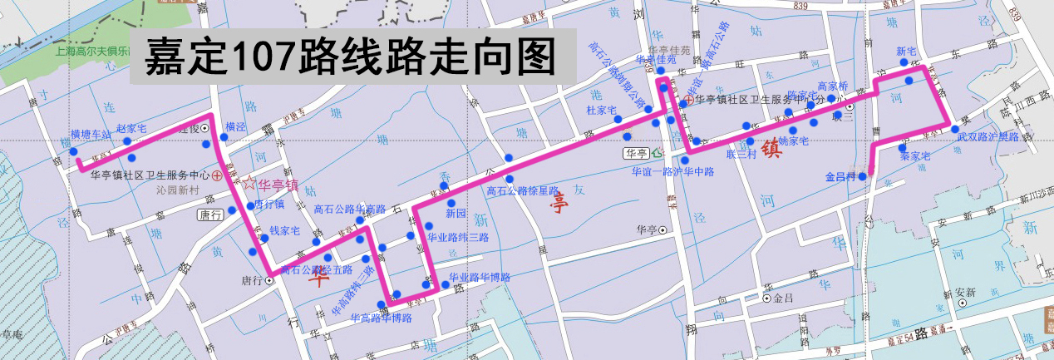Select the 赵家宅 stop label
(x=131, y=128)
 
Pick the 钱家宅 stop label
(x=283, y=231)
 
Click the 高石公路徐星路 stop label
(x=522, y=190)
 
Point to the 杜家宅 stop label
(x=601, y=110)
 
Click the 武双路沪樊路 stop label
(x=988, y=136)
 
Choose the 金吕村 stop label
(x=840, y=177)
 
